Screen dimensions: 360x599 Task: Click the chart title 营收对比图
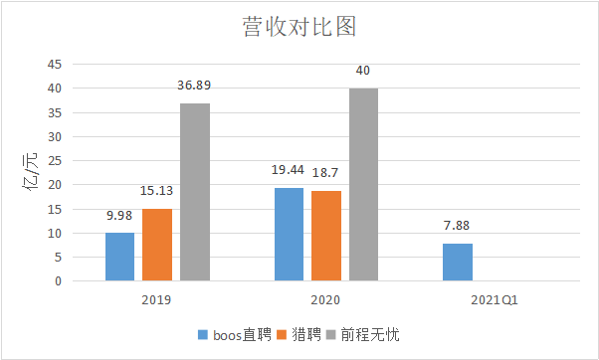point(299,25)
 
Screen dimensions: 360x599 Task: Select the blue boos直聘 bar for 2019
point(119,257)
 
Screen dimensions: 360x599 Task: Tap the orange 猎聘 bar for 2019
point(157,245)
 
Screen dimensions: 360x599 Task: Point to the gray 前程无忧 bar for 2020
point(363,184)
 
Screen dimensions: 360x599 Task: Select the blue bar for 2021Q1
point(457,262)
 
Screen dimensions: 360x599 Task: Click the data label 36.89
point(195,87)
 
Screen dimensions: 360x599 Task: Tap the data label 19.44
point(289,170)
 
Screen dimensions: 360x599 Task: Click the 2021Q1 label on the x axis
point(495,298)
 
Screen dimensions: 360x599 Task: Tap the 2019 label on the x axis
point(157,298)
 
